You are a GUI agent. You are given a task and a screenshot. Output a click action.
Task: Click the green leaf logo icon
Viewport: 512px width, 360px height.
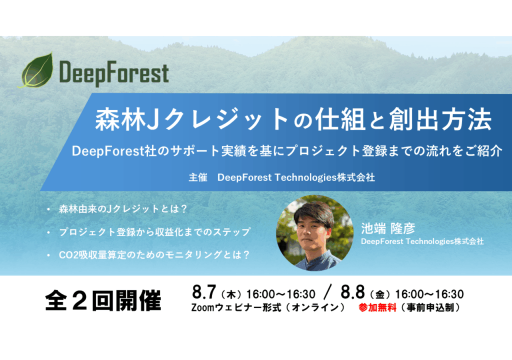point(36,70)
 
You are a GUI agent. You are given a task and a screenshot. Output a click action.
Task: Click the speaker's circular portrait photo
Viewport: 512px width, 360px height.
point(314,233)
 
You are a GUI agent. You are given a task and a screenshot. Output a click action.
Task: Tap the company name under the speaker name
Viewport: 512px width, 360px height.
point(422,241)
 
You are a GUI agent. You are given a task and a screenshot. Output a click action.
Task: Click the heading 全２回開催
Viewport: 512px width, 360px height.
point(103,300)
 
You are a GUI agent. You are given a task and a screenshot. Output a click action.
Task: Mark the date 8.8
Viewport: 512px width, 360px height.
point(353,292)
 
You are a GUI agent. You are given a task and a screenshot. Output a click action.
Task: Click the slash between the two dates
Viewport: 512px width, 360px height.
point(328,292)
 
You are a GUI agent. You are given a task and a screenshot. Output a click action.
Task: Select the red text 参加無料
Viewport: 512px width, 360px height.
point(377,308)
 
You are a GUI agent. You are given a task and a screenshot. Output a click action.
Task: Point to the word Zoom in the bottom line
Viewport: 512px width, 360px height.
point(203,308)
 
